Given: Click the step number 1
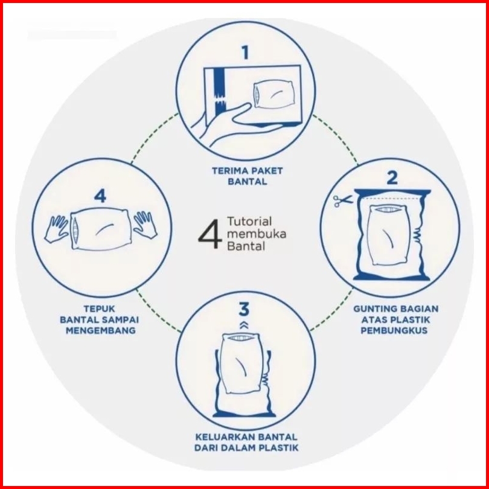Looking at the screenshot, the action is pyautogui.click(x=246, y=53).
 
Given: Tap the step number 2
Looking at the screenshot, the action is pyautogui.click(x=392, y=177).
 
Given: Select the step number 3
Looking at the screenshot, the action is pyautogui.click(x=244, y=309).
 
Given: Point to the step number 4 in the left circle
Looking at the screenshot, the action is pyautogui.click(x=100, y=196).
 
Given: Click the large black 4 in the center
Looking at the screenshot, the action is pyautogui.click(x=209, y=234).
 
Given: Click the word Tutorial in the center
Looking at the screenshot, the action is pyautogui.click(x=249, y=222).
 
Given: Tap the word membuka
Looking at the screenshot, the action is pyautogui.click(x=257, y=234).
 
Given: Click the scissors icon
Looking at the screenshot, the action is pyautogui.click(x=342, y=201).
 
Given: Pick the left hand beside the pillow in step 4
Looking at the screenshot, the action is pyautogui.click(x=56, y=229).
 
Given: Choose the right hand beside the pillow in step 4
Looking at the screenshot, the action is pyautogui.click(x=145, y=225).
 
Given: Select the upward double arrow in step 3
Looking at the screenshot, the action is pyautogui.click(x=244, y=325).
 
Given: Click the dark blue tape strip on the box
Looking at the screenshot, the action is pyautogui.click(x=220, y=92).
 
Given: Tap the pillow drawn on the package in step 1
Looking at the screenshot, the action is pyautogui.click(x=274, y=95).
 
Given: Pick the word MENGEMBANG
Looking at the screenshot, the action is pyautogui.click(x=101, y=330).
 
